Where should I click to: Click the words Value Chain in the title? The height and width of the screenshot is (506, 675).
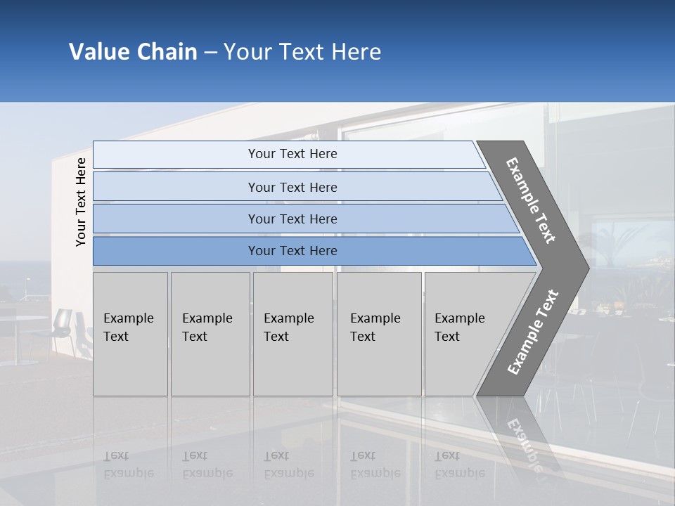pos(133,52)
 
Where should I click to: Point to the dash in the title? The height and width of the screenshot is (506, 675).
pos(210,53)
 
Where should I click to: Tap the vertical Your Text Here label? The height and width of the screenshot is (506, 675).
pos(81,202)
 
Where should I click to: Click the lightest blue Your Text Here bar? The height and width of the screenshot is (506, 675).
pos(292,154)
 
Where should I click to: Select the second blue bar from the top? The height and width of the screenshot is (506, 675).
pos(292,187)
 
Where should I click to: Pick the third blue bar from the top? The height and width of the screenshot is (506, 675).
pos(292,219)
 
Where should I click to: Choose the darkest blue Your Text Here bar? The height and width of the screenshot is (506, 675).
pos(292,251)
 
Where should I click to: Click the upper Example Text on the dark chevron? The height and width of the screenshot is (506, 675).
pos(531,201)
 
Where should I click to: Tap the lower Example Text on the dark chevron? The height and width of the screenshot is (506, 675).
pos(532,332)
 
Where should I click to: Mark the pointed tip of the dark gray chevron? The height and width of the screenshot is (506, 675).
pos(587,268)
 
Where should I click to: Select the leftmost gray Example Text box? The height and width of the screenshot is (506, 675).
pos(130,333)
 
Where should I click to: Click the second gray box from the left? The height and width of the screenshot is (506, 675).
pos(210,333)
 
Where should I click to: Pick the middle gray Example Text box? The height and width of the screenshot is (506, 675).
pos(292,333)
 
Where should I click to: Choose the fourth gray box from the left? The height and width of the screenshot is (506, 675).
pos(379,333)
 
